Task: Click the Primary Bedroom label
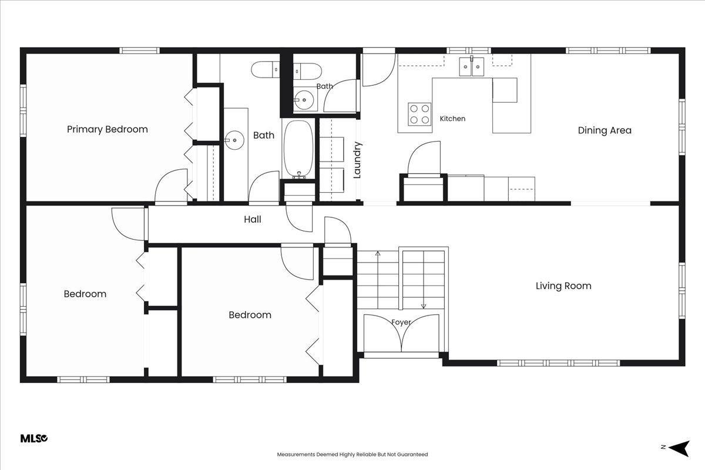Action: pos(108,129)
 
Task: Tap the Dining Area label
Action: pos(605,130)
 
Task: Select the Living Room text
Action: pos(563,286)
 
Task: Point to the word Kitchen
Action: pos(452,119)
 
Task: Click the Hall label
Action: pos(253,219)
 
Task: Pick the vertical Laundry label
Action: pos(357,160)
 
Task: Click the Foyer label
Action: pos(401,323)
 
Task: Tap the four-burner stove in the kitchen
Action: pos(419,115)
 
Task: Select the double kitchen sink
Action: pos(471,66)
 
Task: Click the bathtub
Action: pos(298,149)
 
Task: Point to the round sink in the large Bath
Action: pos(234,140)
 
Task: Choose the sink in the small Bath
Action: pos(304,100)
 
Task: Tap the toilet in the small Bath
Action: pos(307,72)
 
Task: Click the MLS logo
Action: pos(34,438)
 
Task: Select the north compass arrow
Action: pos(679,449)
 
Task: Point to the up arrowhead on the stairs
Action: pos(378,253)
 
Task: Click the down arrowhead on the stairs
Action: pos(424,306)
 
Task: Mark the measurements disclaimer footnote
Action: pos(352,454)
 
